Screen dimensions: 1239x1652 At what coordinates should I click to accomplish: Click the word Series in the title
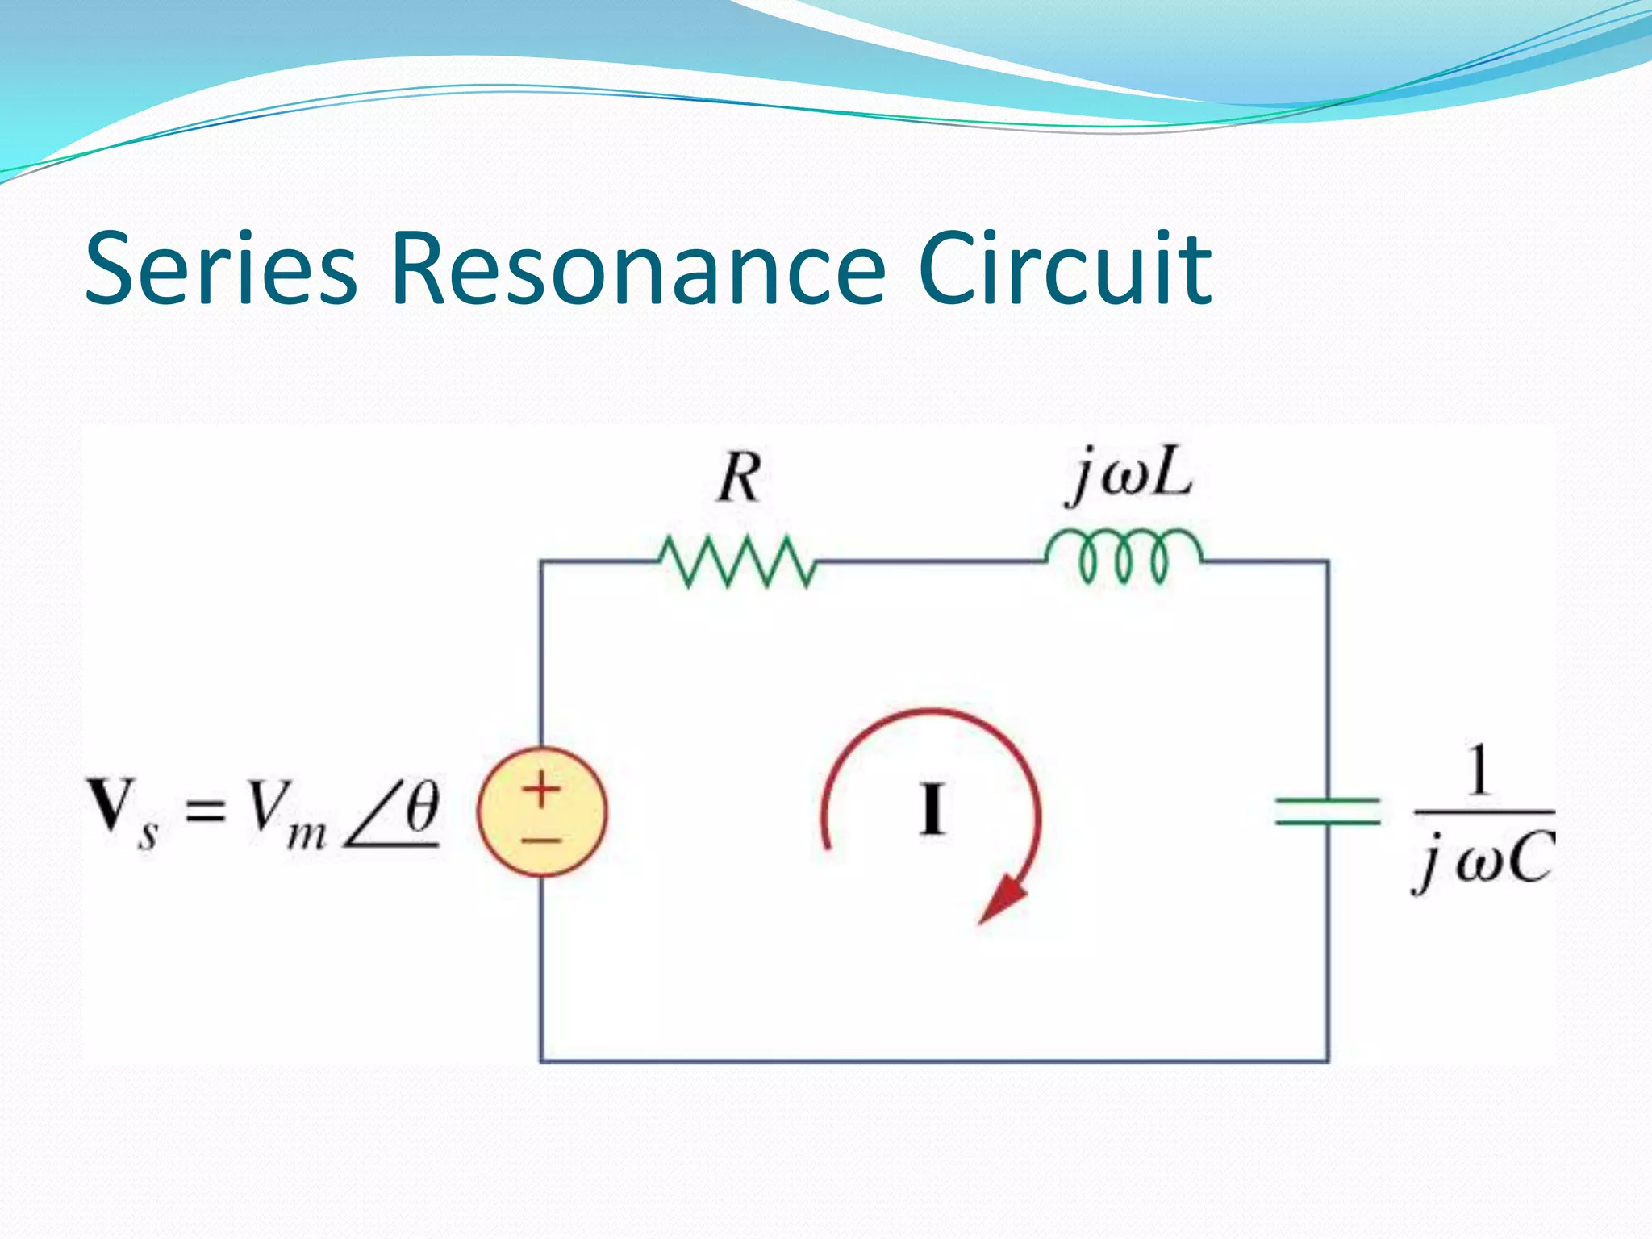tap(220, 269)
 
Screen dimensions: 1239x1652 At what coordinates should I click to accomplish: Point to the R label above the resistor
tap(739, 478)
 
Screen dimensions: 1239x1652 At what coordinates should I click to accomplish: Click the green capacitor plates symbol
tap(1328, 811)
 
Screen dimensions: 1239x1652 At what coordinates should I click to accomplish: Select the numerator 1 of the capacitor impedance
tap(1478, 771)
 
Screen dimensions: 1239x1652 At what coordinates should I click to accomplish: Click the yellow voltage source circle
tap(542, 811)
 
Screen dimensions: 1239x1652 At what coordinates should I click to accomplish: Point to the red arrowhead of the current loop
tap(1002, 901)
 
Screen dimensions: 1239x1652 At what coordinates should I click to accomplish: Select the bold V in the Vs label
tap(111, 804)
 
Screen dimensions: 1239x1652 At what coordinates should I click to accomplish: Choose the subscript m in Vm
tap(307, 835)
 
